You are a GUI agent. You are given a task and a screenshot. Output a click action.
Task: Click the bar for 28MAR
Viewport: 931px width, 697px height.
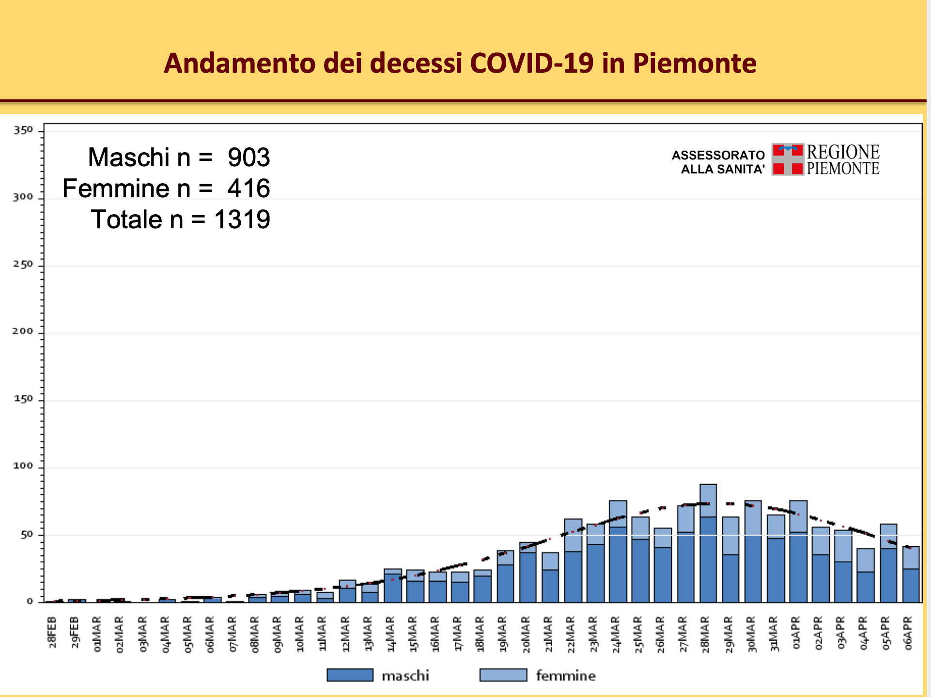(x=708, y=543)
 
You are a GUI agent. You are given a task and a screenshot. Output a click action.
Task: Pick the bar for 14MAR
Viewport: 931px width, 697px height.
(x=393, y=586)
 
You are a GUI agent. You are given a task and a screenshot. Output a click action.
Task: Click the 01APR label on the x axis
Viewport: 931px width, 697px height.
(x=796, y=633)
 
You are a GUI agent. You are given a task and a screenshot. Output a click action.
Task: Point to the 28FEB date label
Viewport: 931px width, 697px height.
(x=52, y=633)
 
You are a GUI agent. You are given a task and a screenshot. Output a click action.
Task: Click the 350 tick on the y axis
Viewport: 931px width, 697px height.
(x=23, y=130)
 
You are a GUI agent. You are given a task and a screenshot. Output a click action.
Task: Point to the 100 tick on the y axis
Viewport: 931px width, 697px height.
(x=23, y=466)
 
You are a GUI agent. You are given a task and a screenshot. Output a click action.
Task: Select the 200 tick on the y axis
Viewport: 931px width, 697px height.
(x=23, y=332)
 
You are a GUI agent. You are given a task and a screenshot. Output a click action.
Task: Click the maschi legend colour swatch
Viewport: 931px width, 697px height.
(x=350, y=675)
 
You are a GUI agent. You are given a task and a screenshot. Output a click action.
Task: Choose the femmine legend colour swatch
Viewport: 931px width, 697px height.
(x=503, y=675)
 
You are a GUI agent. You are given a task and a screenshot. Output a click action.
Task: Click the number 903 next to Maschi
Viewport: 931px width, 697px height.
(x=248, y=158)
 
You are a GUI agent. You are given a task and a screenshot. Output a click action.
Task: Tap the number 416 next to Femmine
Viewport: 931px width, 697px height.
(x=248, y=189)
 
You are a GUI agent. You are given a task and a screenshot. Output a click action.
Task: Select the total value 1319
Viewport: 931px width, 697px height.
(x=242, y=220)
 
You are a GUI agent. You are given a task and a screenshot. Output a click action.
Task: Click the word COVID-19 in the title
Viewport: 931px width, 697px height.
(x=531, y=63)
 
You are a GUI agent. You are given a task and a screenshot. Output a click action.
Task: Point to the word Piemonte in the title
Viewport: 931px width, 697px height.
(x=694, y=63)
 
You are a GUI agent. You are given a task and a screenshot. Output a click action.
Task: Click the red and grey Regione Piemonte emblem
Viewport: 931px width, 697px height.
(x=788, y=159)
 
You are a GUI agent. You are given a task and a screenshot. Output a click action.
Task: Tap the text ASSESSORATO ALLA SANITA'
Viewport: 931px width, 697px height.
(x=718, y=162)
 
